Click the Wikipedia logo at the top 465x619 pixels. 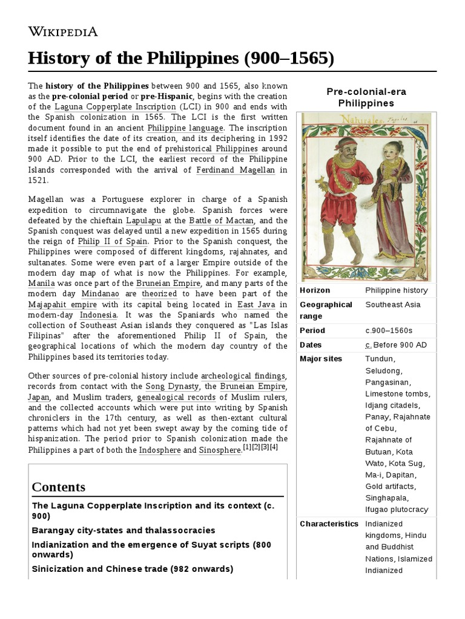(x=63, y=32)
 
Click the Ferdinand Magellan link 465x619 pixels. (x=236, y=170)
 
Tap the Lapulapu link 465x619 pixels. (x=143, y=221)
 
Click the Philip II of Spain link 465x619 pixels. (x=108, y=242)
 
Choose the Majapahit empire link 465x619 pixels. (x=58, y=305)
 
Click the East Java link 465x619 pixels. (x=254, y=305)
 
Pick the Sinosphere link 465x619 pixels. (x=220, y=450)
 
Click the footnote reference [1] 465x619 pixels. (x=246, y=447)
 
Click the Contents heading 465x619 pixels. (x=59, y=487)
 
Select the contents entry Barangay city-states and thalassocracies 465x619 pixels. (x=124, y=530)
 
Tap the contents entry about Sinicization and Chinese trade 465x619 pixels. (x=132, y=569)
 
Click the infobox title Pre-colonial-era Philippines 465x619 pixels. (x=366, y=97)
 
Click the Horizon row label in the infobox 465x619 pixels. (x=315, y=290)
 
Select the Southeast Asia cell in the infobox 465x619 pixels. (x=392, y=305)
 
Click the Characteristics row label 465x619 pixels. (x=329, y=523)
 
